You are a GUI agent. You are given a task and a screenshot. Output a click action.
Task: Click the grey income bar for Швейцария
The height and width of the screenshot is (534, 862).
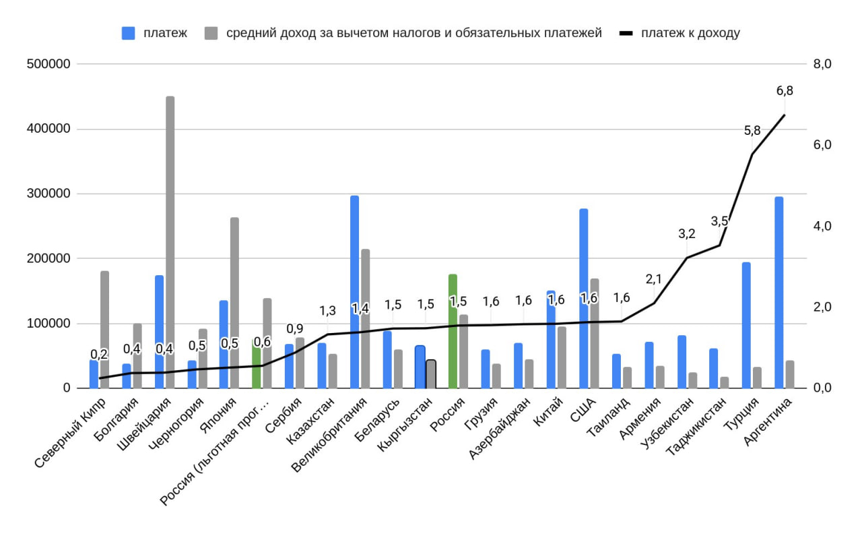tap(170, 243)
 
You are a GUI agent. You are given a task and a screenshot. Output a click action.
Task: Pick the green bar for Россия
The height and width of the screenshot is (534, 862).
tap(453, 330)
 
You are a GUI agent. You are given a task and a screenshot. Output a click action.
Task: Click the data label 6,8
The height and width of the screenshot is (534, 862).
tap(785, 90)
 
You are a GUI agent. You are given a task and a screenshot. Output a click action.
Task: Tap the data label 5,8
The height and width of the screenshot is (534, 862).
tap(752, 131)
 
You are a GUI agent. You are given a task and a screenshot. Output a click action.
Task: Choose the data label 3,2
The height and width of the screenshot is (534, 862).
tap(687, 234)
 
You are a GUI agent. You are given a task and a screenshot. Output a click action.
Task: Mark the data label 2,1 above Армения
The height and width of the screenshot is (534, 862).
tap(654, 279)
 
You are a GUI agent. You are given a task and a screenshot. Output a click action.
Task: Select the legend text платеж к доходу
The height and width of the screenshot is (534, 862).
tap(690, 33)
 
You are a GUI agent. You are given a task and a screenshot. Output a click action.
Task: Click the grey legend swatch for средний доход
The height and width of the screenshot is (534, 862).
tap(211, 33)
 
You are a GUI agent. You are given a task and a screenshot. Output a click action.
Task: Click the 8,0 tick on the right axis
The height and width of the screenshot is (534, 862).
tap(823, 64)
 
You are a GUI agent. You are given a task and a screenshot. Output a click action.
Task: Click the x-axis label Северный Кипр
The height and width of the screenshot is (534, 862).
tap(70, 432)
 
